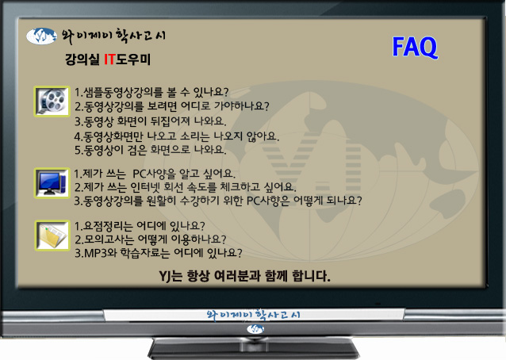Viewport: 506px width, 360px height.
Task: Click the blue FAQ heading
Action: pos(415,47)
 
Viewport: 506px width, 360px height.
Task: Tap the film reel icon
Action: pos(52,101)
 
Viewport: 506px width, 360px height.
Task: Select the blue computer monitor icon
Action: pos(52,183)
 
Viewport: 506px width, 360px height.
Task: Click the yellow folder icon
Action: pos(52,236)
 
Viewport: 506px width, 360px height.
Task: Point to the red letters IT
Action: pos(109,59)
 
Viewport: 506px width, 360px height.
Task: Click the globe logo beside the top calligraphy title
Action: pos(42,36)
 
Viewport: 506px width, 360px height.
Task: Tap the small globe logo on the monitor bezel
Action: pos(255,329)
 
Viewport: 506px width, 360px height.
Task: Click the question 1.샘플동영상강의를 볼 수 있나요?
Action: pos(151,92)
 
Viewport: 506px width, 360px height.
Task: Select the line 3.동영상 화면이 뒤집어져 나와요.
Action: pos(151,121)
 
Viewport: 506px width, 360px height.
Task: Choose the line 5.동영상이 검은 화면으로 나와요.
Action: pos(151,150)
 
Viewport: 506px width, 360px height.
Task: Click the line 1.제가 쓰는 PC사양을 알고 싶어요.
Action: pos(155,174)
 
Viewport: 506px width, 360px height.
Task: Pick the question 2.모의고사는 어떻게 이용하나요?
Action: pos(151,239)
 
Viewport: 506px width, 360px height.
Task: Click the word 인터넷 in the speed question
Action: pos(145,187)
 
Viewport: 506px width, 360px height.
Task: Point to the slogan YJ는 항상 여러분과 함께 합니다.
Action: pos(244,276)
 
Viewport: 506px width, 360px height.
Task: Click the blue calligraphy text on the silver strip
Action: pos(253,314)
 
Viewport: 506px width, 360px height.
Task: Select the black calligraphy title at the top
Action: pos(113,36)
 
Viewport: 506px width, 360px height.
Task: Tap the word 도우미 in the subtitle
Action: pos(133,59)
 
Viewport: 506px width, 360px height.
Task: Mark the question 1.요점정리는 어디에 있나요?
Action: pos(140,226)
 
